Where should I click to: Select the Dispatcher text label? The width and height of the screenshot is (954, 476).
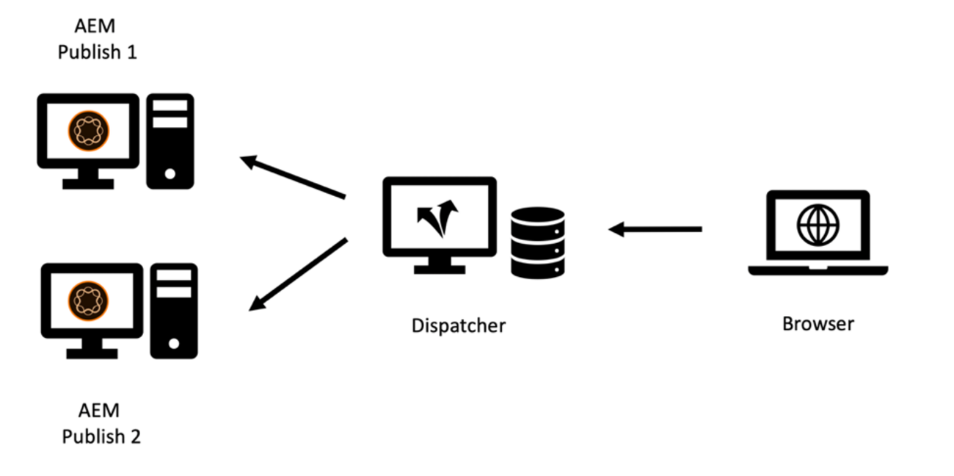[458, 325]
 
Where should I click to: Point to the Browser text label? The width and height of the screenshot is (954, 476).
[818, 323]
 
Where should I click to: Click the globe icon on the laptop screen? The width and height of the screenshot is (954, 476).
[817, 225]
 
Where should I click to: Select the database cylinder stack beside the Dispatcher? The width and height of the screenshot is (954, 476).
[537, 242]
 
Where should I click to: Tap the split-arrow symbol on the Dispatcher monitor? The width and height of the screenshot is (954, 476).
[438, 216]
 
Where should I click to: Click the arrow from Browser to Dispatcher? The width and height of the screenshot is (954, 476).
[655, 230]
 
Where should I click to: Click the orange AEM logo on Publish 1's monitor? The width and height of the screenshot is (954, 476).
[88, 131]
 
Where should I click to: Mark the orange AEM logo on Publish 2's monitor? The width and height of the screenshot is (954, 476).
[91, 299]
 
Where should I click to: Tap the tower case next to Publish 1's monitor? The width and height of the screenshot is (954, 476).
[170, 141]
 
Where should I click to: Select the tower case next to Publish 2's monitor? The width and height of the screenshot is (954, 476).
[174, 310]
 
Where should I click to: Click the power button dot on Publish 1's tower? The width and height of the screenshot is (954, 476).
[170, 174]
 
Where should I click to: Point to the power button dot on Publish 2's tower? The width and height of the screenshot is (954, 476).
[174, 343]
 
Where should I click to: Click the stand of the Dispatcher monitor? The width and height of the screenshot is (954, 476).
[439, 265]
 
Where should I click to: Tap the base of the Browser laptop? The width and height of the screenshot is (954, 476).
[818, 270]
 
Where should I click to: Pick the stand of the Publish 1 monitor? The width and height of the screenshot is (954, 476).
[88, 179]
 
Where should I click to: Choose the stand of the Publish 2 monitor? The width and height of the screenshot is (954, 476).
[92, 348]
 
